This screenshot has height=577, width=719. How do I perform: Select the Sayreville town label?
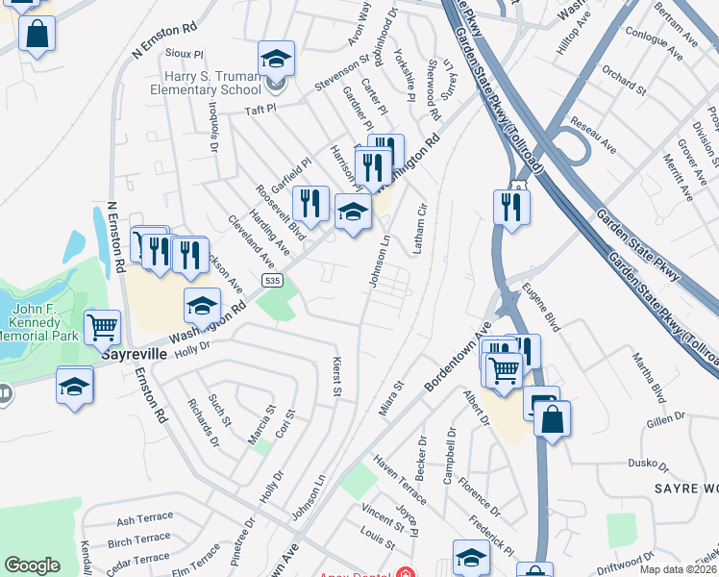click(x=135, y=354)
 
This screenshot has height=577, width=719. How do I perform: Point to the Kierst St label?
click(x=337, y=377)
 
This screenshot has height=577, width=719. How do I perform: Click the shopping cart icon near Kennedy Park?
click(x=102, y=327)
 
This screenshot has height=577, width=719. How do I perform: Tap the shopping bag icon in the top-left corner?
click(x=37, y=35)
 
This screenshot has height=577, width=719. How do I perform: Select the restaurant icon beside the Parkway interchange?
click(x=511, y=206)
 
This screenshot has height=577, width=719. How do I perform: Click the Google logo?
click(x=32, y=565)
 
